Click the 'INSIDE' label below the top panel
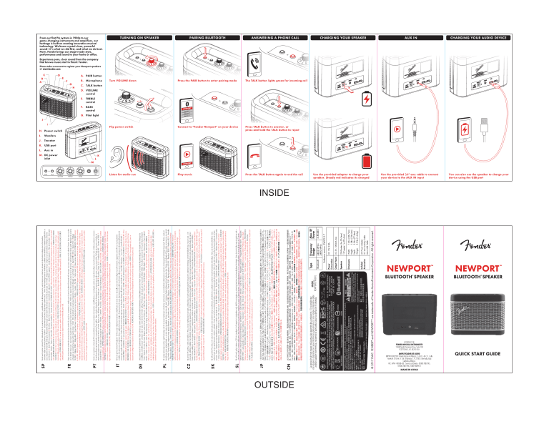pos(274,192)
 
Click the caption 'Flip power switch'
pos(123,124)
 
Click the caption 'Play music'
pos(185,174)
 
